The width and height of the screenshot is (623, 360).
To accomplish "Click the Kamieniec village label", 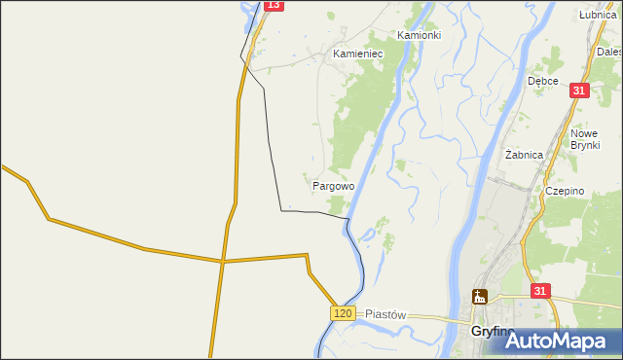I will [358, 54].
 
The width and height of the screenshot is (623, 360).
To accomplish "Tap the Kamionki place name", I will [420, 34].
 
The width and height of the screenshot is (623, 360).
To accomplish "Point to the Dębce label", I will [543, 82].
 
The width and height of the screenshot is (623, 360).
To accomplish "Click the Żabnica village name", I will [524, 154].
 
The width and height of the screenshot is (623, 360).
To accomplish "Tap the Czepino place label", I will [565, 191].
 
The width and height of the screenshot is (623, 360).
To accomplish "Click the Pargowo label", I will [333, 184].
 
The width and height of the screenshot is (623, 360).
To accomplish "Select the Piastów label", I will [385, 315].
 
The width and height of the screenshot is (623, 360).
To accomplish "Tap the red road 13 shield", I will [273, 5].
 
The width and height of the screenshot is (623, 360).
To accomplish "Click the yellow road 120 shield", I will [341, 312].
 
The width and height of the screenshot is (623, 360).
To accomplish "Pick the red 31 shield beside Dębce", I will [579, 90].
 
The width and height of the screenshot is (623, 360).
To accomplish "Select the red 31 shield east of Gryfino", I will [541, 290].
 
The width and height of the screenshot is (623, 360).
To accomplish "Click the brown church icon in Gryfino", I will [479, 298].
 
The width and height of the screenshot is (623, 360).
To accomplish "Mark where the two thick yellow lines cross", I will [222, 261].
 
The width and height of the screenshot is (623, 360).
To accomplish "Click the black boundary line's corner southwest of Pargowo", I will [281, 209].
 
